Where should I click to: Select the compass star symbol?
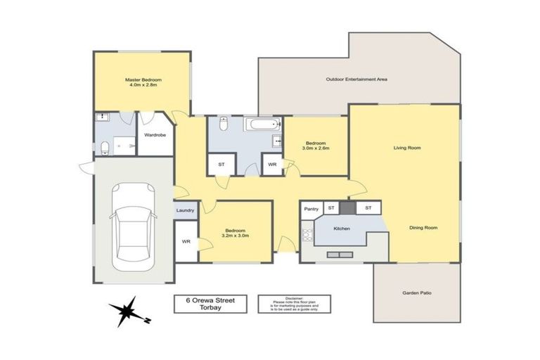tap(127, 309)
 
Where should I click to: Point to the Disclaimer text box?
tap(295, 303)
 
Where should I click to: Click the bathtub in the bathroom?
tap(262, 125)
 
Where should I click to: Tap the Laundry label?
tap(185, 210)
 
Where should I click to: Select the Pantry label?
tap(311, 209)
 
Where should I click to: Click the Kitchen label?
tap(342, 229)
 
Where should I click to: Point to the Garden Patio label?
tap(416, 292)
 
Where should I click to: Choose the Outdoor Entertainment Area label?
tap(357, 79)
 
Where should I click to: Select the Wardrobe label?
tap(155, 134)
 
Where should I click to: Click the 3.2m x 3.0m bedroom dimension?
tap(236, 236)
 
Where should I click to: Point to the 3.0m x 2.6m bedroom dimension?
tap(316, 148)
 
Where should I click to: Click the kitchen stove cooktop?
tap(307, 234)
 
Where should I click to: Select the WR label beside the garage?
tap(186, 242)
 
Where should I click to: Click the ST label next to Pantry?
tap(330, 209)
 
